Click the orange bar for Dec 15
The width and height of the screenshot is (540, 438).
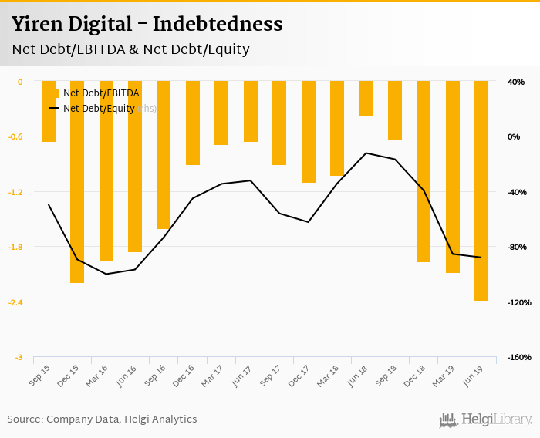coord(77,182)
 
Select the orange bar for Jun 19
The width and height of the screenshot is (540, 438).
coord(481,190)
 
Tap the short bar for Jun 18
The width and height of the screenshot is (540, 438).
coord(366,99)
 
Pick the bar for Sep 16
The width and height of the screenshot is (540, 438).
coord(164,155)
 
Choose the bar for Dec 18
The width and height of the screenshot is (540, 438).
coord(424,171)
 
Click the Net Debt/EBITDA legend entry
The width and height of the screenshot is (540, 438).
coord(100,93)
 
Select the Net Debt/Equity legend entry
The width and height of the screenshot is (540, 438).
coord(98,109)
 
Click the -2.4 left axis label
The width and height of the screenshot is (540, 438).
coord(15,302)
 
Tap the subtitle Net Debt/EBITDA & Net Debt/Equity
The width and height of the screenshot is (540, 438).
coord(130,49)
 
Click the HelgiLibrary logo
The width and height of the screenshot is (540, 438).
coord(486,419)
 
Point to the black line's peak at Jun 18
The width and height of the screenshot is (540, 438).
coord(366,153)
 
